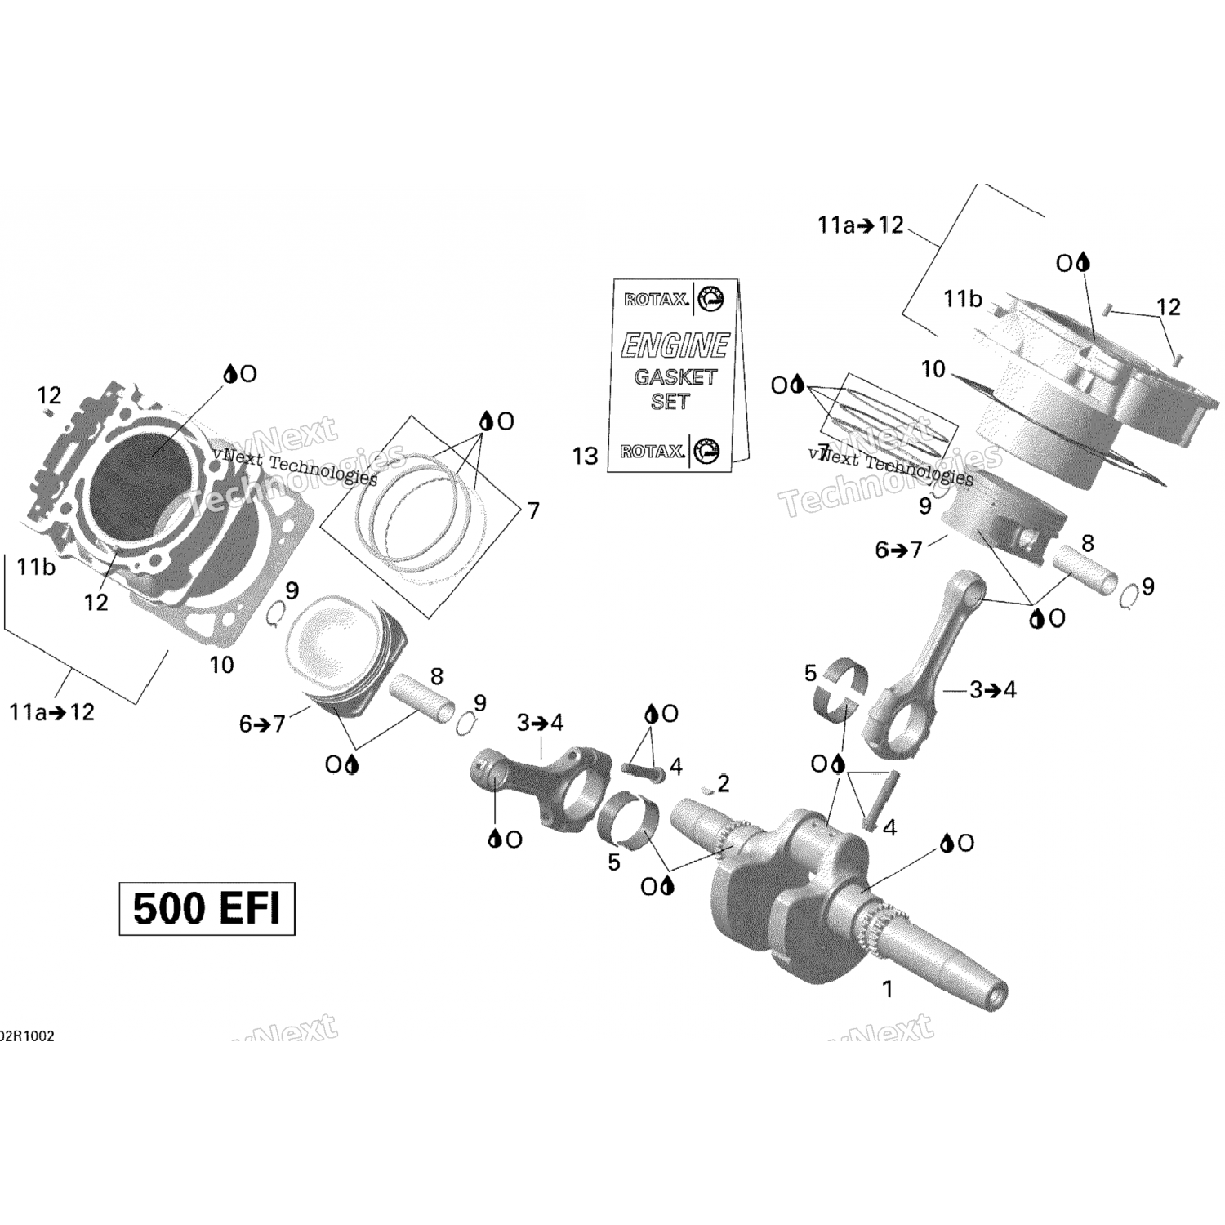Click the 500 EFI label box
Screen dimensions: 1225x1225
pos(207,908)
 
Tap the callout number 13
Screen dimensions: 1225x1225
pos(585,456)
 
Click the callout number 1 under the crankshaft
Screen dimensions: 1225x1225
pos(888,989)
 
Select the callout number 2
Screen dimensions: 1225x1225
pos(723,784)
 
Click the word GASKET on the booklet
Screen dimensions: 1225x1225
pos(675,376)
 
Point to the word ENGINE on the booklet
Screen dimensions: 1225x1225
pos(675,345)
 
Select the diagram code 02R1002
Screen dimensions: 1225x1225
pos(27,1036)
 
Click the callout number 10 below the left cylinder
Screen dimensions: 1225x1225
pos(221,665)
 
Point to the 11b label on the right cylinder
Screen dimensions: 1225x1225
pos(962,300)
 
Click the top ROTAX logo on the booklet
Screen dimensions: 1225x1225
pos(655,300)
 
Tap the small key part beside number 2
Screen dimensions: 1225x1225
pos(705,790)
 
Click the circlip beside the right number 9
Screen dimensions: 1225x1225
pos(1129,598)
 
